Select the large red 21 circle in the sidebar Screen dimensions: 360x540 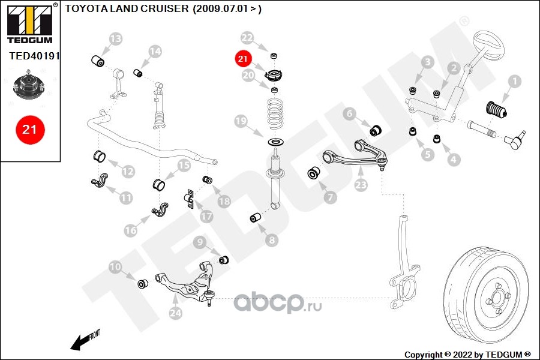pos(30,129)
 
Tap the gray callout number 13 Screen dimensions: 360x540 pos(115,40)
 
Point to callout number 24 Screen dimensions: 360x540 pos(175,313)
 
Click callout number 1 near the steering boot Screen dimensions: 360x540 pos(514,80)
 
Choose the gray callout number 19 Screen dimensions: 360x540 pos(241,122)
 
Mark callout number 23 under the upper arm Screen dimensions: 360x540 pos(361,185)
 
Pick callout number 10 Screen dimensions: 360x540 pos(115,266)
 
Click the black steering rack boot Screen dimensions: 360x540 pos(496,113)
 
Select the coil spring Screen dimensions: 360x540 pos(275,115)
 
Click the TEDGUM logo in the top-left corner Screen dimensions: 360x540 pos(28,23)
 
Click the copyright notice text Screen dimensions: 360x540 pos(468,354)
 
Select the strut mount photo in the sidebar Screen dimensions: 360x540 pos(29,87)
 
